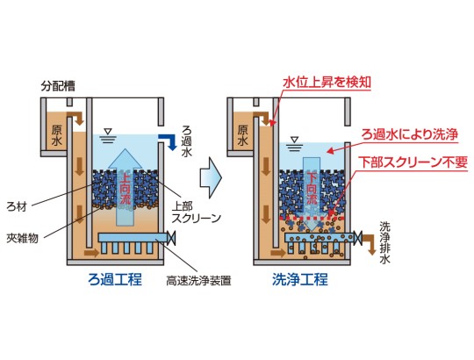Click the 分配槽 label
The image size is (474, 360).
click(x=58, y=86)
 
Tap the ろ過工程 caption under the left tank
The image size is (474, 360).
click(x=115, y=279)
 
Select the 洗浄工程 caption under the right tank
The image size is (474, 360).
click(x=300, y=279)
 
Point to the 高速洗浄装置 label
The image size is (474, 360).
click(x=198, y=281)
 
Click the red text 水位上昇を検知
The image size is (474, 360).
click(x=327, y=82)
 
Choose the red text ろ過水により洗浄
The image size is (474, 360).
click(x=410, y=134)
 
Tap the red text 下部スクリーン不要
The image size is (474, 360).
click(x=413, y=162)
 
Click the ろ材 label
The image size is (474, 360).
click(x=17, y=207)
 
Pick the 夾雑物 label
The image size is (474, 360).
click(x=23, y=239)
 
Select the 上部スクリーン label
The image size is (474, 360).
click(x=197, y=212)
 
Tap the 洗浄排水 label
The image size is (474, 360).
click(x=384, y=242)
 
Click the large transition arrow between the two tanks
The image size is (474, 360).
click(x=211, y=178)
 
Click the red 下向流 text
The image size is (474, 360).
click(x=312, y=188)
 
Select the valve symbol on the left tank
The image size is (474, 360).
click(x=171, y=238)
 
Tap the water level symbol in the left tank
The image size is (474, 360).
click(x=108, y=136)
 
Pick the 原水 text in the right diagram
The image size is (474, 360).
click(x=243, y=135)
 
